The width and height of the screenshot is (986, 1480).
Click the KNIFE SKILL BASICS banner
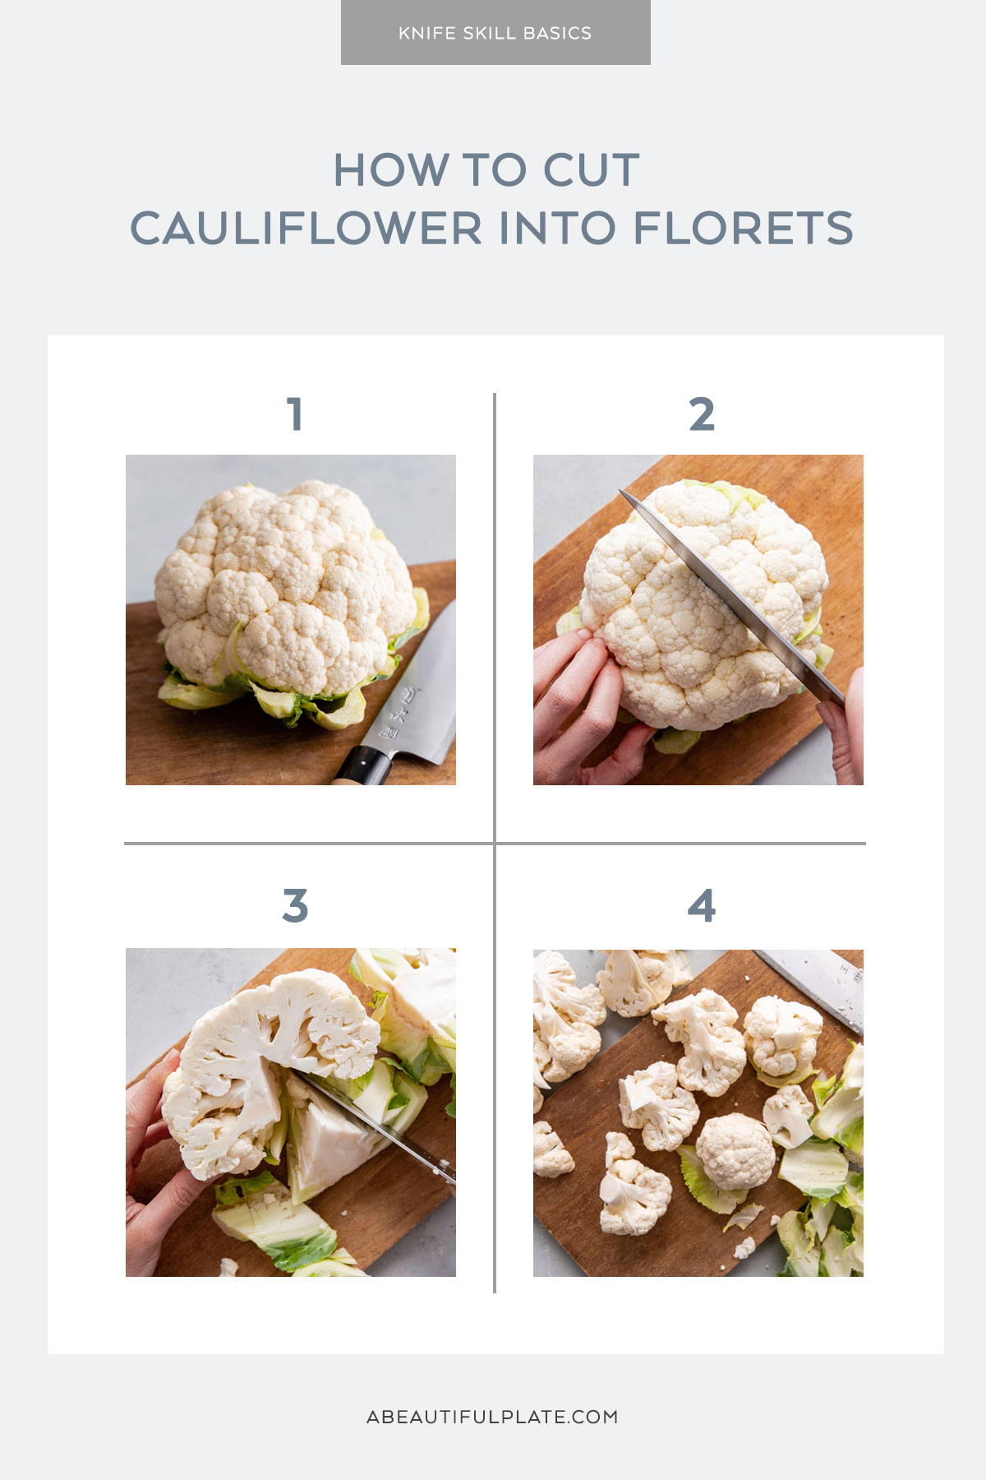coord(495,33)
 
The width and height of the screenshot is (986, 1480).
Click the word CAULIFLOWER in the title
coord(306,229)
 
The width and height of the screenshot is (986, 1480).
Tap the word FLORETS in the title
coord(743,229)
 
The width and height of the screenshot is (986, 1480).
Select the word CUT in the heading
coord(591,170)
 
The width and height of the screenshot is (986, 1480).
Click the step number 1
coord(295,414)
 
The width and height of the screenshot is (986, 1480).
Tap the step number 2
coord(702,414)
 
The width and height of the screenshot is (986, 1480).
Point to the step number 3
coord(295,905)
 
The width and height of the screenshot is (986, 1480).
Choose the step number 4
coord(702,905)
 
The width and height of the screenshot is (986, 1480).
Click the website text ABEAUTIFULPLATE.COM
coord(492,1417)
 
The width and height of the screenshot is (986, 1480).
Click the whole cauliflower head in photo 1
coord(283,584)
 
